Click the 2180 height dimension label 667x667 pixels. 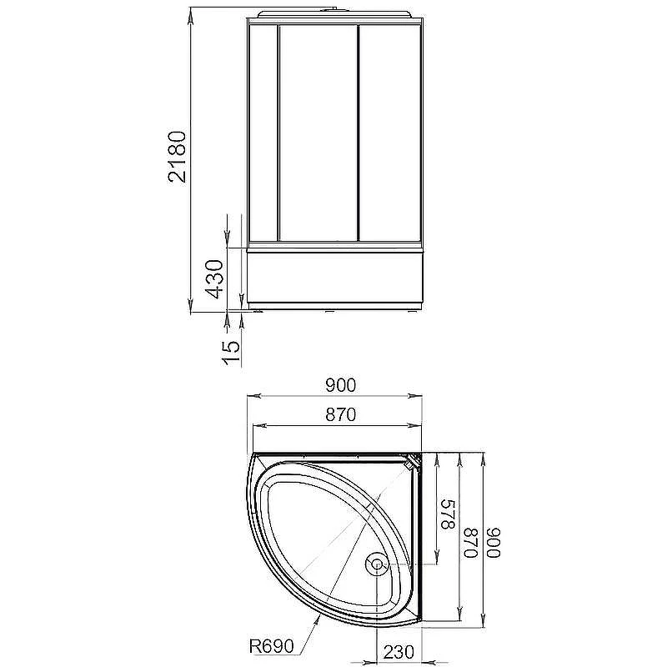[177, 157]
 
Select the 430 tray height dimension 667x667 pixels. [214, 279]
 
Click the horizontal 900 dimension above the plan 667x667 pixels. [340, 385]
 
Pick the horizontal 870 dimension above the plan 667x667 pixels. [340, 414]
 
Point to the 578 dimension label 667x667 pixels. [448, 514]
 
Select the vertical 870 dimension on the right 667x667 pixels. [471, 543]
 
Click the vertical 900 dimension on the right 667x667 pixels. [494, 543]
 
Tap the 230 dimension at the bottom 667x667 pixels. [399, 651]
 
